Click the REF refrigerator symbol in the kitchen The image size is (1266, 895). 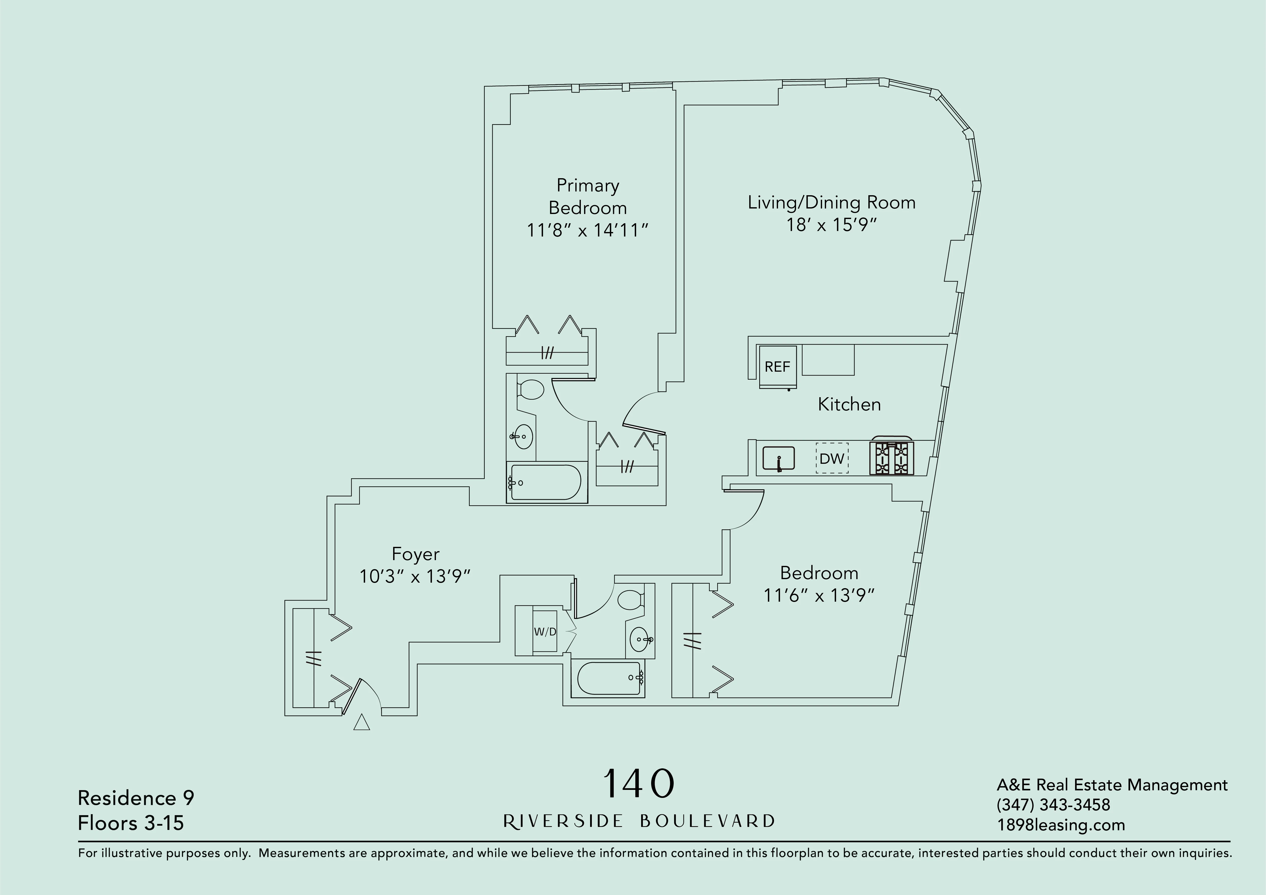coord(778,367)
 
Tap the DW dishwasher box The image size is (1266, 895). coord(832,458)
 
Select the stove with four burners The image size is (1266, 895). coord(892,458)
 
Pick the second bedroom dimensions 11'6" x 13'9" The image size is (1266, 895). coord(819,596)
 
